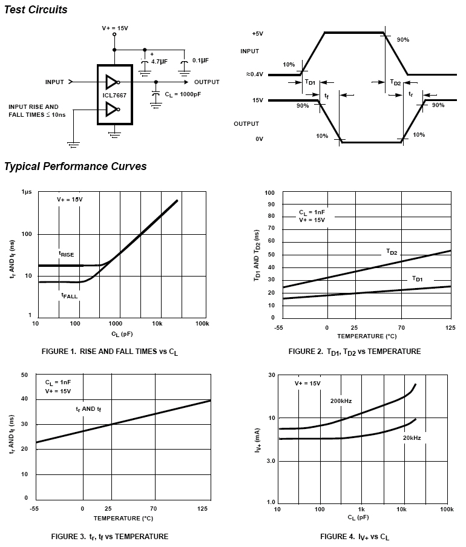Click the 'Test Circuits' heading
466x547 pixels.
pyautogui.click(x=36, y=10)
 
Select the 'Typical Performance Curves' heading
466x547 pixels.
pyautogui.click(x=76, y=166)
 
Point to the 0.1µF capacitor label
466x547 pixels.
pyautogui.click(x=200, y=61)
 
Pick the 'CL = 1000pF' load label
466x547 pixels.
pyautogui.click(x=185, y=94)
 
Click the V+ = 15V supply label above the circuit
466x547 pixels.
pyautogui.click(x=115, y=28)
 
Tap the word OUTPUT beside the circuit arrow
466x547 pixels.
pyautogui.click(x=207, y=82)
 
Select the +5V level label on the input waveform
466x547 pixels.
pyautogui.click(x=258, y=33)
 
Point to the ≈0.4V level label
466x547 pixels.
pyautogui.click(x=255, y=74)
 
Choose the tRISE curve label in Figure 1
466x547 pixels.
pyautogui.click(x=67, y=255)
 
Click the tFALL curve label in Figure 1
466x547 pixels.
pyautogui.click(x=69, y=295)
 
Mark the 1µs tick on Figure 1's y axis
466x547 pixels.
pyautogui.click(x=26, y=192)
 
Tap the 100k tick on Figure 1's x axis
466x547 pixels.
pyautogui.click(x=202, y=324)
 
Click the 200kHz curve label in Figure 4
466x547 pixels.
pyautogui.click(x=341, y=401)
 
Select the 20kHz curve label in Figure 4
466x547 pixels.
pyautogui.click(x=412, y=437)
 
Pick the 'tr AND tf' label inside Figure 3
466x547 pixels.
pyautogui.click(x=88, y=410)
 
